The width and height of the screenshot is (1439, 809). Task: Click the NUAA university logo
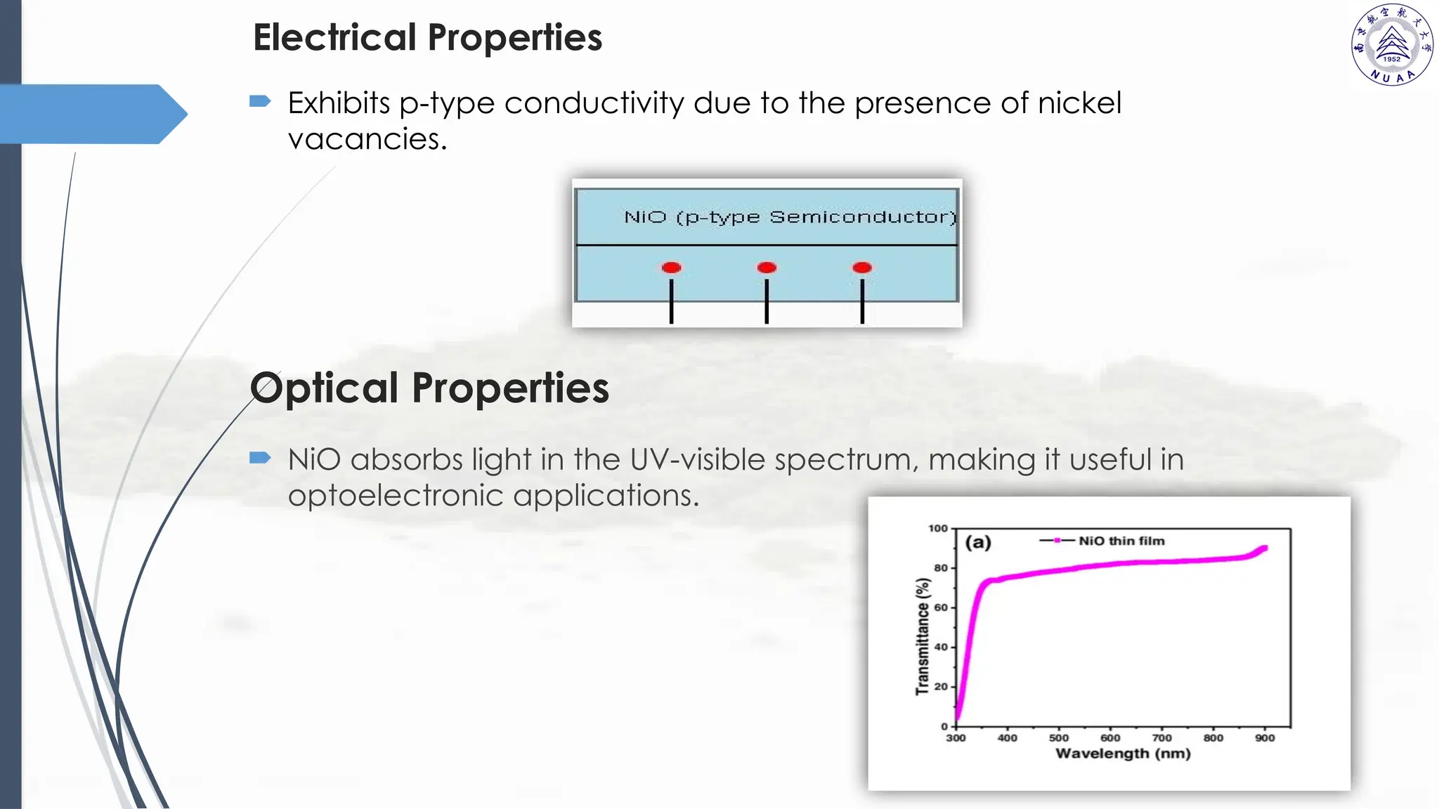tap(1392, 45)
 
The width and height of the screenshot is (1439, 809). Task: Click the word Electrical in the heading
tap(334, 37)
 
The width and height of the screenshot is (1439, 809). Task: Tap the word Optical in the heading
tap(325, 388)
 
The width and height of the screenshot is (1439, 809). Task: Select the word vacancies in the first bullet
tap(367, 139)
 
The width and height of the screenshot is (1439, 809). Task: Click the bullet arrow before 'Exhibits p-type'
tap(260, 102)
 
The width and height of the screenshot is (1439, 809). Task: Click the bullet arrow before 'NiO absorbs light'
tap(260, 459)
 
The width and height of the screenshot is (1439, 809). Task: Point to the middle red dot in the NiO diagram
tap(767, 268)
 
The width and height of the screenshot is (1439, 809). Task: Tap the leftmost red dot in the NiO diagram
tap(671, 268)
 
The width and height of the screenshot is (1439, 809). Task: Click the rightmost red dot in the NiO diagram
tap(862, 268)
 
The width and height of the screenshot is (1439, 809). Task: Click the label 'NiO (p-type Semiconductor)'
tap(790, 217)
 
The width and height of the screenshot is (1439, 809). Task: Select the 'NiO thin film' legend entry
tap(1121, 541)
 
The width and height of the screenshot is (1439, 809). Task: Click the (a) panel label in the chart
tap(978, 542)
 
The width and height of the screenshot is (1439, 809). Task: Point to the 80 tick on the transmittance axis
tap(941, 568)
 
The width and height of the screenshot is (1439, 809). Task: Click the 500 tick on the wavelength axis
tap(1058, 738)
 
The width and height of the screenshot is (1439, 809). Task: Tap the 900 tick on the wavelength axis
tap(1265, 738)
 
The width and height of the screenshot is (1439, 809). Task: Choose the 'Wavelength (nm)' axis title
tap(1123, 754)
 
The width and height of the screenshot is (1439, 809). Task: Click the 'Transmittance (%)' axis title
tap(923, 636)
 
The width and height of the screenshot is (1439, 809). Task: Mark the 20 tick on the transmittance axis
tap(941, 687)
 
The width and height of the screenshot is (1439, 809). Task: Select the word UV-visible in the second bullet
tap(697, 460)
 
